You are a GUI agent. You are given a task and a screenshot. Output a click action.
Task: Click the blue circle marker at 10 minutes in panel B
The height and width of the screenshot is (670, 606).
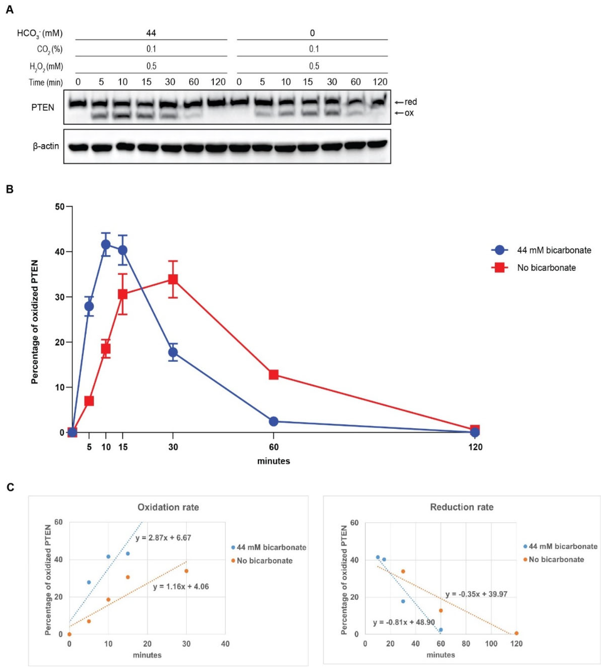pos(106,245)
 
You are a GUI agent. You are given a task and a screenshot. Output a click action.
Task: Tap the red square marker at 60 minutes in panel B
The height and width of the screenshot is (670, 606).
pos(273,375)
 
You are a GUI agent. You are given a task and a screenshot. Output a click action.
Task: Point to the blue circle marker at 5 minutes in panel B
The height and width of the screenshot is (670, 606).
pos(89,306)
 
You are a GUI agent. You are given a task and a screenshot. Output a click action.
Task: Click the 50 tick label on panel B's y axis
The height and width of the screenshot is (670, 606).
pos(60,207)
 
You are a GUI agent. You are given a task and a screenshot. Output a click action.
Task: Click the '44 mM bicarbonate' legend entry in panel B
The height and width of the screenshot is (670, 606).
pos(554,250)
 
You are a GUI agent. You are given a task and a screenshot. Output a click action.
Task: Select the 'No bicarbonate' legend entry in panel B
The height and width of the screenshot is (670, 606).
pos(546,267)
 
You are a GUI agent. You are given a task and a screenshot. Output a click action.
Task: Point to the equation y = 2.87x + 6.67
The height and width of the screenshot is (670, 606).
pos(163,538)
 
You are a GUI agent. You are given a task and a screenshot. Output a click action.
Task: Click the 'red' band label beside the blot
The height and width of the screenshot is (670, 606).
pos(411,102)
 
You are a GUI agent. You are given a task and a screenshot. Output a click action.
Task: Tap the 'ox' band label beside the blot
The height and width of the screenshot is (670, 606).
pos(409,113)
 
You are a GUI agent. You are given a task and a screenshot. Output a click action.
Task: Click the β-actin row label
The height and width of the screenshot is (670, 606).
pos(46,146)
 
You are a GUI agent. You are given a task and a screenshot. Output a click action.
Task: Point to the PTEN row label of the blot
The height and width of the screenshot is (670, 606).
pos(43,107)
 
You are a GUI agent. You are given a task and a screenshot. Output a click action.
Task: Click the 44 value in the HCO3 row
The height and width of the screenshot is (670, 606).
pos(151,33)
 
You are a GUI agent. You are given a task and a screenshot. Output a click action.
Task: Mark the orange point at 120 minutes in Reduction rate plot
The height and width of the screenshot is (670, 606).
pos(516,634)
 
